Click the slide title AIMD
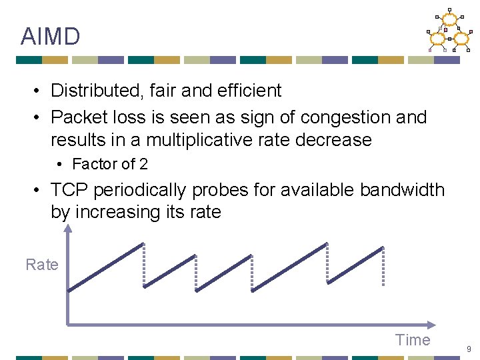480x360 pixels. pos(50,36)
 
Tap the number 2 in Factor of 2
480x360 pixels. pos(143,164)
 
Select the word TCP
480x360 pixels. pos(70,190)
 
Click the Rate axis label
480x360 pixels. pos(42,265)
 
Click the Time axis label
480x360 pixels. pos(413,340)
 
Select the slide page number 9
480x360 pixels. pos(469,349)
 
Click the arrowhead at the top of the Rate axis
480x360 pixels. pos(67,229)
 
